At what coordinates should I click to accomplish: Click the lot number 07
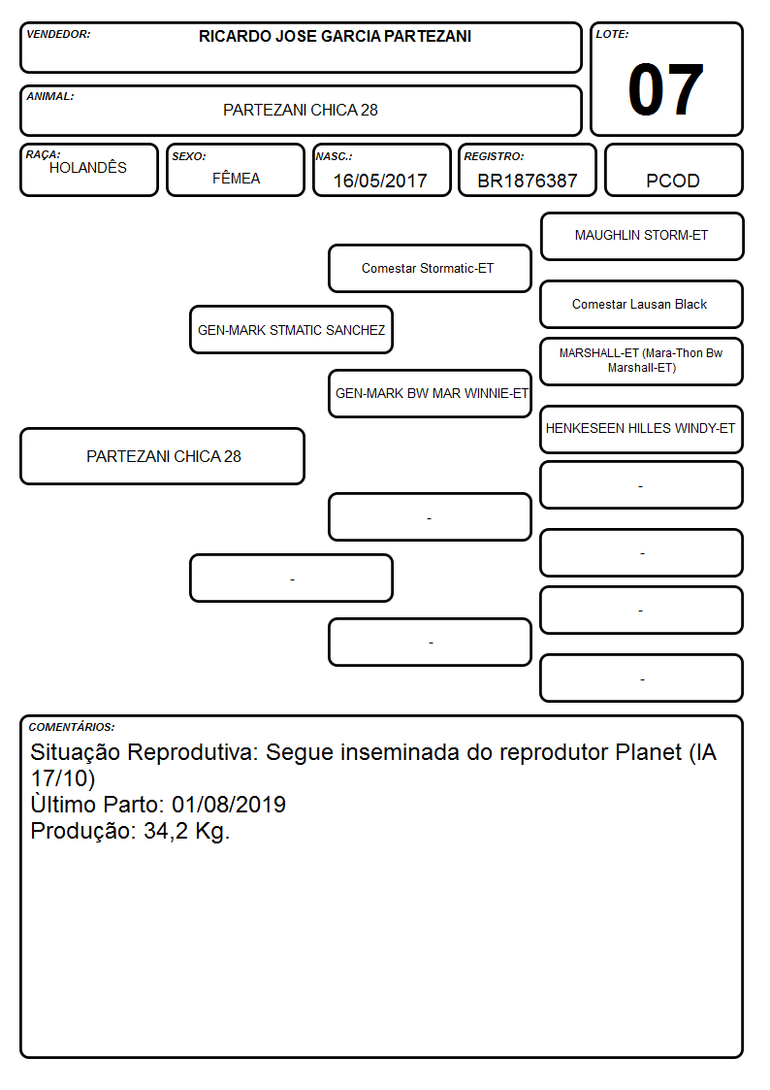point(665,89)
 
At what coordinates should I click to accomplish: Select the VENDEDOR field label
point(58,34)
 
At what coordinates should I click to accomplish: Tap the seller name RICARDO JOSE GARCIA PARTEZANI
point(335,36)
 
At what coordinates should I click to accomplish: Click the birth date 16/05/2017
point(380,181)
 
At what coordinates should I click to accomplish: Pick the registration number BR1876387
point(527,181)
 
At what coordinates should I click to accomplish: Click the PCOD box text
point(673,181)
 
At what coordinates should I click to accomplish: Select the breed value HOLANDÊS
point(88,167)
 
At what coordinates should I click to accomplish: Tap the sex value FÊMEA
point(236,178)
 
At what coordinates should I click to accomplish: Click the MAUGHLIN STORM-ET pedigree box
point(642,237)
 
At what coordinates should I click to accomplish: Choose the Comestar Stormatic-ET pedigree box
point(430,268)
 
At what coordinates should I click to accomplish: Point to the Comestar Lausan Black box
point(642,304)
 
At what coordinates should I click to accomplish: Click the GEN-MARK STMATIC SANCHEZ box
point(292,329)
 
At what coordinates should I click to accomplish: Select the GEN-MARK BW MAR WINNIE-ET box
point(430,393)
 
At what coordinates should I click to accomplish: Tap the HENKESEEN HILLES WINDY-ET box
point(642,429)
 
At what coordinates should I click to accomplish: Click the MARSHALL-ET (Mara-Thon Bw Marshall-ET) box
point(642,361)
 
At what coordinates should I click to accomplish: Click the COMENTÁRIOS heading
point(72,727)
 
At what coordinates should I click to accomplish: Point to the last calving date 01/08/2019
point(229,805)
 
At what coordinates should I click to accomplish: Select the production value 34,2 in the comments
point(166,832)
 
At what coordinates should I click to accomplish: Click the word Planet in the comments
point(642,752)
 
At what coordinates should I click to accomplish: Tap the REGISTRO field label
point(494,156)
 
